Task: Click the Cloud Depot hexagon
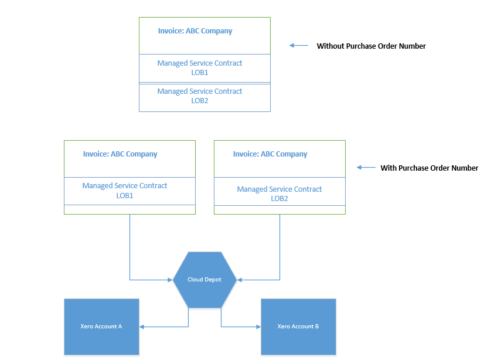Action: [x=204, y=280]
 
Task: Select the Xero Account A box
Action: [x=101, y=327]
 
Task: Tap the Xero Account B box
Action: [x=298, y=327]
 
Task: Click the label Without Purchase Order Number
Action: [x=371, y=46]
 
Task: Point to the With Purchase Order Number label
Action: [x=429, y=168]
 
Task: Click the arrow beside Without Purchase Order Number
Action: [x=299, y=46]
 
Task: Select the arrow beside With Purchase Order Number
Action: [x=366, y=168]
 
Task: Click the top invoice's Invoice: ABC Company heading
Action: [x=195, y=31]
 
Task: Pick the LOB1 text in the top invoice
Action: [x=200, y=73]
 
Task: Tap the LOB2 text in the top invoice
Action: [x=200, y=101]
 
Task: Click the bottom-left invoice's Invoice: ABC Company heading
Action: [x=120, y=154]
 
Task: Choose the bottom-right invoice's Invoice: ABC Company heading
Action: [x=270, y=154]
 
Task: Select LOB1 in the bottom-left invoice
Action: [x=125, y=196]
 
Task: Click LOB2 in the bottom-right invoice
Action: [x=279, y=199]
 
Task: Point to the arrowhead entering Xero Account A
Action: [x=142, y=327]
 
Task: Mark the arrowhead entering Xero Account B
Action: [x=258, y=327]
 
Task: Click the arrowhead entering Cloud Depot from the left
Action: [x=171, y=280]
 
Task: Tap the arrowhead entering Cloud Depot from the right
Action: [x=239, y=280]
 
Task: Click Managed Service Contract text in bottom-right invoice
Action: [x=279, y=189]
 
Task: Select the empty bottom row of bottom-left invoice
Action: [x=129, y=209]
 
